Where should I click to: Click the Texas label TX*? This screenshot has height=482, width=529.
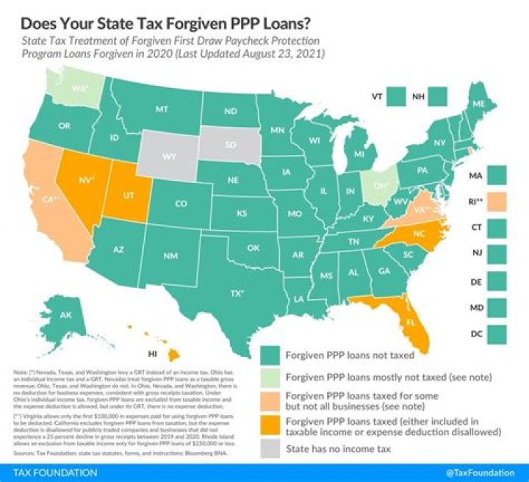237,292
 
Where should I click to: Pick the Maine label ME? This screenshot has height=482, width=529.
478,105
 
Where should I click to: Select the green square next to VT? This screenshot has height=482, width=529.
401,96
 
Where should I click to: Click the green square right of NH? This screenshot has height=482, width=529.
440,96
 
